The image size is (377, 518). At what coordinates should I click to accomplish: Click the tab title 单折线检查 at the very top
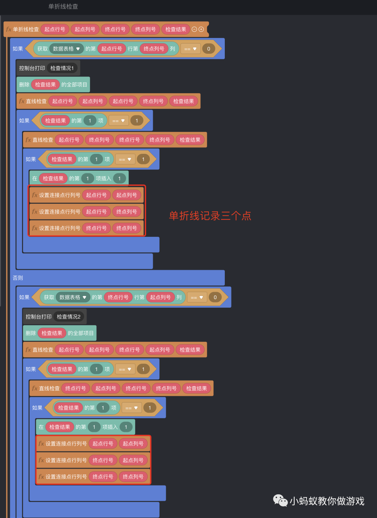click(63, 7)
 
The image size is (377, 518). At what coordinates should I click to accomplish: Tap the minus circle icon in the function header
click(194, 29)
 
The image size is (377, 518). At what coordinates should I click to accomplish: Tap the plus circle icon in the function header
click(201, 29)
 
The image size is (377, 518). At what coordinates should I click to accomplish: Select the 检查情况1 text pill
click(62, 68)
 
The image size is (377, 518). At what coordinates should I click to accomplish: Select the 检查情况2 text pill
click(68, 317)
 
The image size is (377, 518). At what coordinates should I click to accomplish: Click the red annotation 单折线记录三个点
click(210, 216)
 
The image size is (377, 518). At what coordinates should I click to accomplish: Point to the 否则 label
click(18, 278)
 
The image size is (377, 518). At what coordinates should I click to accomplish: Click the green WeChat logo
click(280, 501)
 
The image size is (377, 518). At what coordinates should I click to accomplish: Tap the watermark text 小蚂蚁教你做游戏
click(327, 501)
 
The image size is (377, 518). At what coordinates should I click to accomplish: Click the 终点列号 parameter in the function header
click(145, 29)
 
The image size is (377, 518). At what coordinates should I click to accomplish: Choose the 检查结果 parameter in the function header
click(176, 29)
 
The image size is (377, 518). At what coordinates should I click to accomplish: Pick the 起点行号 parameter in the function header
click(55, 29)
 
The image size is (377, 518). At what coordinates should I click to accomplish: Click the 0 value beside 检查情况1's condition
click(209, 49)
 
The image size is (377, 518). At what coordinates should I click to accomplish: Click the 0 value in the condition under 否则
click(215, 298)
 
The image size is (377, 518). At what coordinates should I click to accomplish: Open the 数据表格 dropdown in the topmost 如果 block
click(66, 49)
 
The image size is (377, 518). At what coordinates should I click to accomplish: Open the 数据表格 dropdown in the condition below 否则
click(73, 298)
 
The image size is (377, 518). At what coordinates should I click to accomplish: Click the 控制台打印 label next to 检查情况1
click(32, 68)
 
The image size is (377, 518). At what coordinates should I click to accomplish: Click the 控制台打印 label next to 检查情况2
click(38, 317)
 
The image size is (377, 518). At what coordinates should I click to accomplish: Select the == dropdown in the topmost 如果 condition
click(190, 49)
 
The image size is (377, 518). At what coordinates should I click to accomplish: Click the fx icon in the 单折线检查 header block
click(9, 29)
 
